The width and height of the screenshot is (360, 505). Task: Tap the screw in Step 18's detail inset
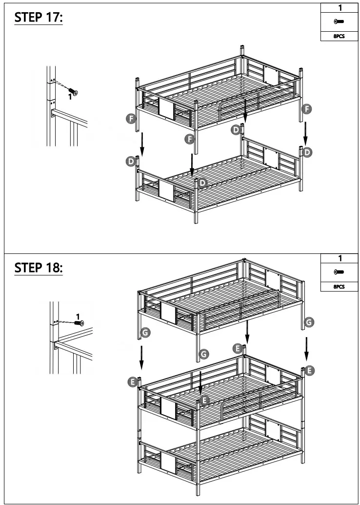[x=78, y=323]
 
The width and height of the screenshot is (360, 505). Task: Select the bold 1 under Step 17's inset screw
[x=70, y=97]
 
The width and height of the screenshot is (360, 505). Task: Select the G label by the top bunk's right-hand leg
[x=309, y=321]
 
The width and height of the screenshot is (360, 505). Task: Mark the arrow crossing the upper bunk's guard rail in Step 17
[x=245, y=109]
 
